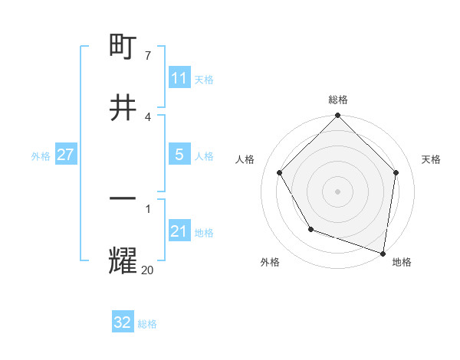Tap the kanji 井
coord(123,107)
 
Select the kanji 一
coord(123,198)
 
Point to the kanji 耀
coord(123,260)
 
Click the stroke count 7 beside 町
coord(147,56)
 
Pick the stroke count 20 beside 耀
coord(148,270)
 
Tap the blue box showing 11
coord(179,78)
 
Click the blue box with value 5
coord(179,155)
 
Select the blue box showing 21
coord(179,231)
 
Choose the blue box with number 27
coord(65,155)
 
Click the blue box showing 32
coord(123,322)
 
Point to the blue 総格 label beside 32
coord(147,324)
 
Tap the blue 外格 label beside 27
coord(41,156)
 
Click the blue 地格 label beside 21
coord(204,233)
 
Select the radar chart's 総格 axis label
coord(338,100)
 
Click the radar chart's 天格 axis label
coord(431,159)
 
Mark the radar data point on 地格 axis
coord(383,253)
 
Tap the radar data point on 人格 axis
coord(280,172)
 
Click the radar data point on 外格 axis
coord(310,229)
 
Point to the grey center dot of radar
coord(338,191)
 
